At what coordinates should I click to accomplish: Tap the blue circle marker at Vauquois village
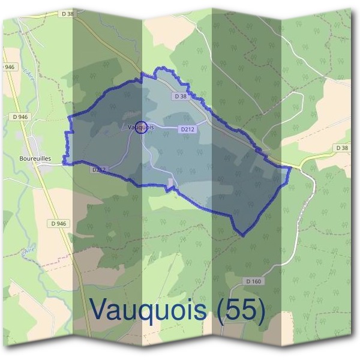tap(141, 127)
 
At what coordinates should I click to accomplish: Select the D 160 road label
tap(254, 281)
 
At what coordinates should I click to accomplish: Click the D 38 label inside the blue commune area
tap(181, 96)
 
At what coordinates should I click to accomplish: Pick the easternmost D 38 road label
tap(342, 148)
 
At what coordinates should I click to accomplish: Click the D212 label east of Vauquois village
tap(187, 128)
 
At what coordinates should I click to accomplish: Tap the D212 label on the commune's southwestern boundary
tap(98, 170)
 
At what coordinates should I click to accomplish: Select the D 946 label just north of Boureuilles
tap(20, 116)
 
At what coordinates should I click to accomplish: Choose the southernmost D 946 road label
tap(58, 224)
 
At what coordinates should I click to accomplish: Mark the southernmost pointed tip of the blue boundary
tap(243, 235)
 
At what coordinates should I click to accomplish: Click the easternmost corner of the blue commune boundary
tap(291, 169)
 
